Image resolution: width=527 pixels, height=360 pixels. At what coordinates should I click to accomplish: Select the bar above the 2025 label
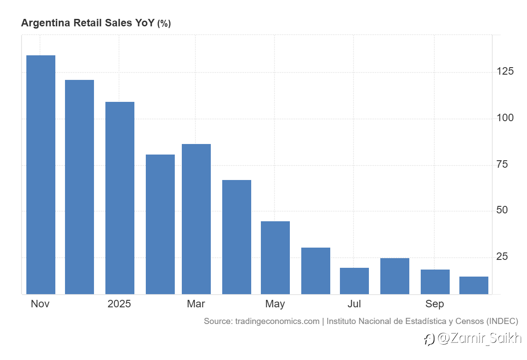[x=120, y=198]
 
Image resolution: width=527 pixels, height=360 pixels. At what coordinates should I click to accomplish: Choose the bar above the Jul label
[x=354, y=281]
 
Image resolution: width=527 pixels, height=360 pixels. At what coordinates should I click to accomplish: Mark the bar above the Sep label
[x=435, y=281]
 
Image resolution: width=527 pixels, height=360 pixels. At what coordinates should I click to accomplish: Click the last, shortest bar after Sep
[x=474, y=285]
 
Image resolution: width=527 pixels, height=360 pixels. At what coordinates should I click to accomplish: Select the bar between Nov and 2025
[x=79, y=187]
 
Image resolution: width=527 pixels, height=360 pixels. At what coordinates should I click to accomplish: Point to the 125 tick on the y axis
[x=505, y=72]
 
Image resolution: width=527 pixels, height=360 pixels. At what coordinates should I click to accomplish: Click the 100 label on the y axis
[x=505, y=118]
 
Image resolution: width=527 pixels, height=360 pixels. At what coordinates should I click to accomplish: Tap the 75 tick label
[x=502, y=165]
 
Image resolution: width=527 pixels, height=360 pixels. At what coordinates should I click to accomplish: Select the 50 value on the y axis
[x=502, y=210]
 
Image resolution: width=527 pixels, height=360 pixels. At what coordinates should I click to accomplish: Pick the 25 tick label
[x=502, y=257]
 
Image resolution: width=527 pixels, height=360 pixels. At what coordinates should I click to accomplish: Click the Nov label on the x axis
[x=40, y=304]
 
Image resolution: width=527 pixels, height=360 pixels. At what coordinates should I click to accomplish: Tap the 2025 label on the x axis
[x=119, y=304]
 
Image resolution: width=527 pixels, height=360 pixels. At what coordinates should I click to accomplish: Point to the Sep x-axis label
[x=434, y=304]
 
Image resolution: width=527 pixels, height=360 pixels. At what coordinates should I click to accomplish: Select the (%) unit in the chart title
[x=164, y=24]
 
